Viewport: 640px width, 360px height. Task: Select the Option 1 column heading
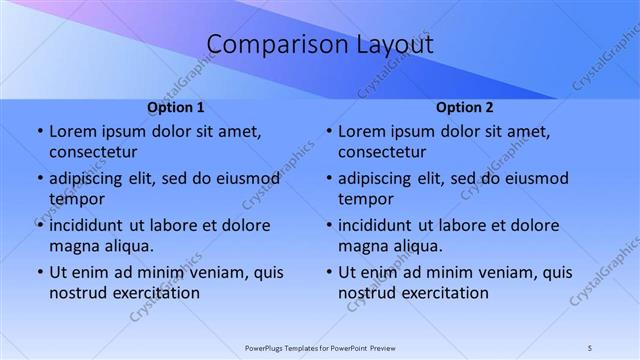(x=176, y=107)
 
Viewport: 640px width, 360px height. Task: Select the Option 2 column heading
(x=465, y=107)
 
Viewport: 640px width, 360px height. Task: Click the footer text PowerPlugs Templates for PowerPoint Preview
(x=320, y=348)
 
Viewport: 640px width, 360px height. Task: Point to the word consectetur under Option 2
(x=383, y=152)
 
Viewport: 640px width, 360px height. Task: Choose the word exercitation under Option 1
(x=157, y=293)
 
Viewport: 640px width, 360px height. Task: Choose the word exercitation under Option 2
(x=446, y=293)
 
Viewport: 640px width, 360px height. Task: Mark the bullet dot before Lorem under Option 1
(x=39, y=131)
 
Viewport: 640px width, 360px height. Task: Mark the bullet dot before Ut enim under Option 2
(x=329, y=272)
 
